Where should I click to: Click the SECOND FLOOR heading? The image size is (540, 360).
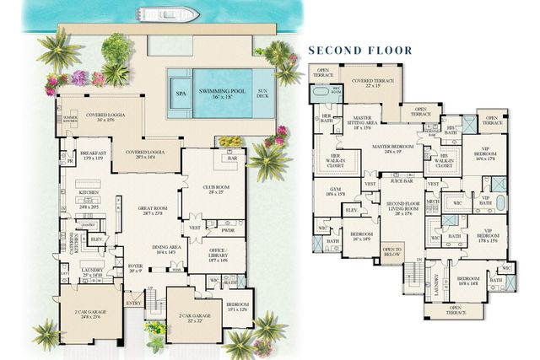click(359, 51)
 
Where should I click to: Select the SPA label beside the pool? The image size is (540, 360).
click(180, 93)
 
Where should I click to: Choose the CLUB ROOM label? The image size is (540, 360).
click(216, 189)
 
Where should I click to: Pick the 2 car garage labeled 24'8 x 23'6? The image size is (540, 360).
click(86, 315)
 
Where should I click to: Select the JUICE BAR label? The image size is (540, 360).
click(402, 180)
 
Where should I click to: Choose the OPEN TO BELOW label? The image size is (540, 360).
click(392, 250)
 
